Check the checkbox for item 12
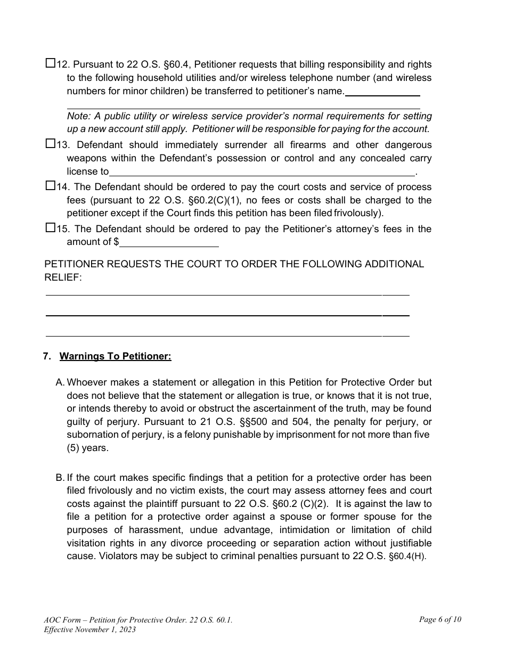[x=50, y=64]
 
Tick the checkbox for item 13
[x=50, y=144]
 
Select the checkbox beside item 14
[x=50, y=186]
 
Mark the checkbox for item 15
[x=50, y=228]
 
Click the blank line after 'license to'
[x=262, y=172]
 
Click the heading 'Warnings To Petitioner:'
[x=115, y=356]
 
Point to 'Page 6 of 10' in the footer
[x=440, y=619]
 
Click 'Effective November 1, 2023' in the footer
[x=90, y=629]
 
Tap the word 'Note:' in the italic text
[x=78, y=116]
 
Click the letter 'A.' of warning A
[x=60, y=382]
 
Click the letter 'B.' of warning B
[x=60, y=478]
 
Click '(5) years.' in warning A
[x=87, y=448]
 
